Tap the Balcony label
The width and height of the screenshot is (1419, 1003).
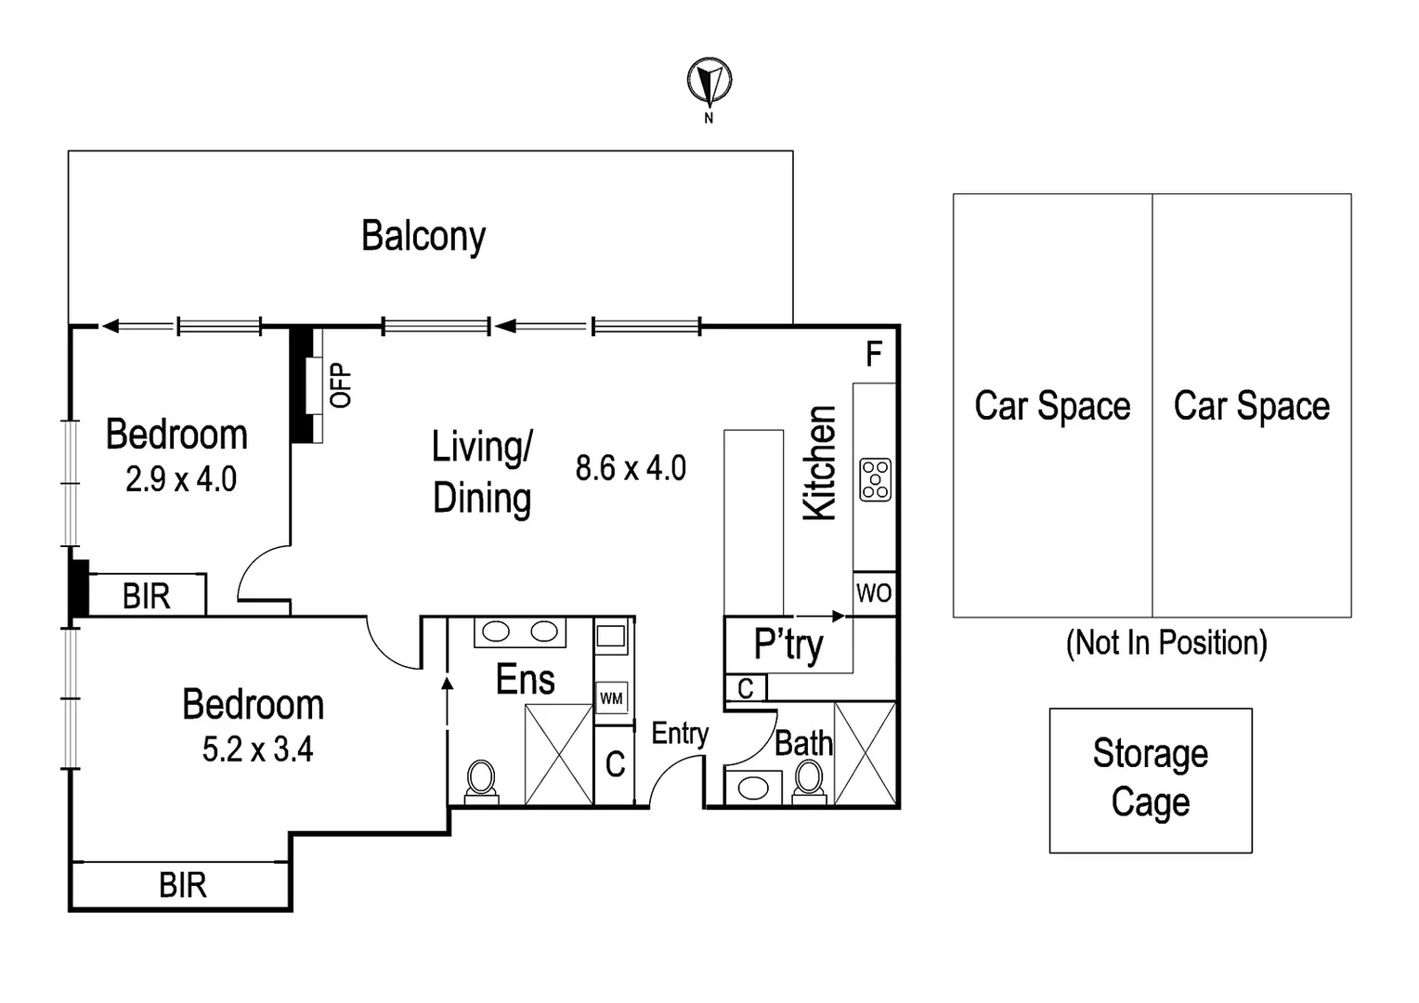coord(423,236)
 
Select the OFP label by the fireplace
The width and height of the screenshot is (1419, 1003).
coord(341,385)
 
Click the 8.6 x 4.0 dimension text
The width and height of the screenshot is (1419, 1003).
coord(631,468)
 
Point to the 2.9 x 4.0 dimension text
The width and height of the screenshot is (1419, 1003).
coord(181,479)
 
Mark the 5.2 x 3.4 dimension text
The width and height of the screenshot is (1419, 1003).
coord(257,749)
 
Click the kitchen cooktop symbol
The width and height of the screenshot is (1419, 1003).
coord(875,479)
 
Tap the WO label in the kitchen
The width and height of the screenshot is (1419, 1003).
coord(874,593)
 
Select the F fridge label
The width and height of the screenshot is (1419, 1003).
coord(873,354)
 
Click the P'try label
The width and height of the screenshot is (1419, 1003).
coord(788,644)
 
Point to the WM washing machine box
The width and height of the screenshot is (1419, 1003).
coord(611,697)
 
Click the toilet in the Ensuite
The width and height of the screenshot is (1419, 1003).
coord(481,780)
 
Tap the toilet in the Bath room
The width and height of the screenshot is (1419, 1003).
coord(809,780)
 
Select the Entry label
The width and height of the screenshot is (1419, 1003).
coord(680,734)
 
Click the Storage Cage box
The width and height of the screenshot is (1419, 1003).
coord(1150,779)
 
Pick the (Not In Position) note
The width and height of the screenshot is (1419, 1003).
coord(1166,643)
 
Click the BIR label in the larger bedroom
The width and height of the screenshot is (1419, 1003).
coord(182,885)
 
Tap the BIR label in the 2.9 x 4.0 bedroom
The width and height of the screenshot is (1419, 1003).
coord(146,596)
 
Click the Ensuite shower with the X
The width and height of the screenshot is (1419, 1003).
coord(559,754)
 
